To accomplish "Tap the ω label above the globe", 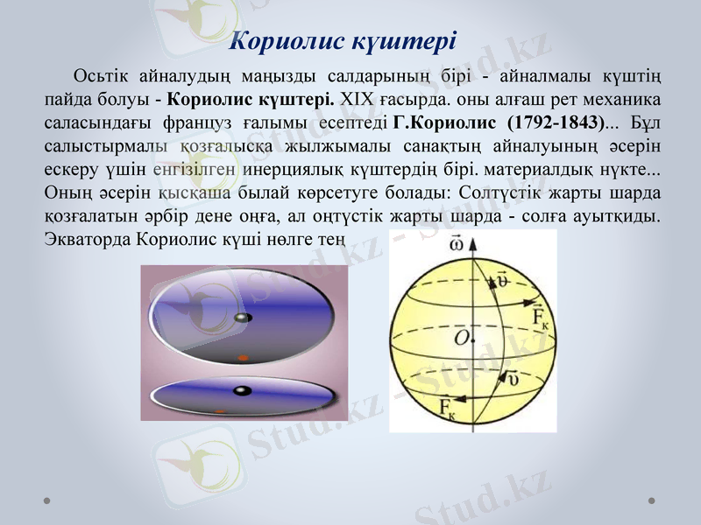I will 456,241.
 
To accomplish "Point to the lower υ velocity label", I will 513,379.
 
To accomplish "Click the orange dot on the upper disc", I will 244,356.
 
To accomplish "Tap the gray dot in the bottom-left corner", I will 47,500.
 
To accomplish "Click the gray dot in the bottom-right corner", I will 652,500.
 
